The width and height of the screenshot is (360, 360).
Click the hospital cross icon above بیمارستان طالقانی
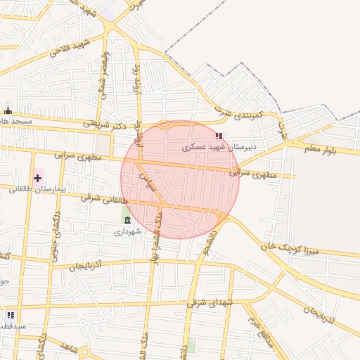tap(37, 179)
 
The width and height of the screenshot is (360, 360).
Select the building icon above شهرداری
tap(127, 220)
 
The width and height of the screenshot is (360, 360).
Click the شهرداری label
tap(128, 231)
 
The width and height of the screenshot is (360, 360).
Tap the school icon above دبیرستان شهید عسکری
tap(219, 136)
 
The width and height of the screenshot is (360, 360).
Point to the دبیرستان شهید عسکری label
tap(220, 148)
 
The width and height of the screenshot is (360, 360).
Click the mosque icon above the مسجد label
tap(8, 111)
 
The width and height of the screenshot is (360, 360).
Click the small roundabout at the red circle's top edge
tap(165, 126)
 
